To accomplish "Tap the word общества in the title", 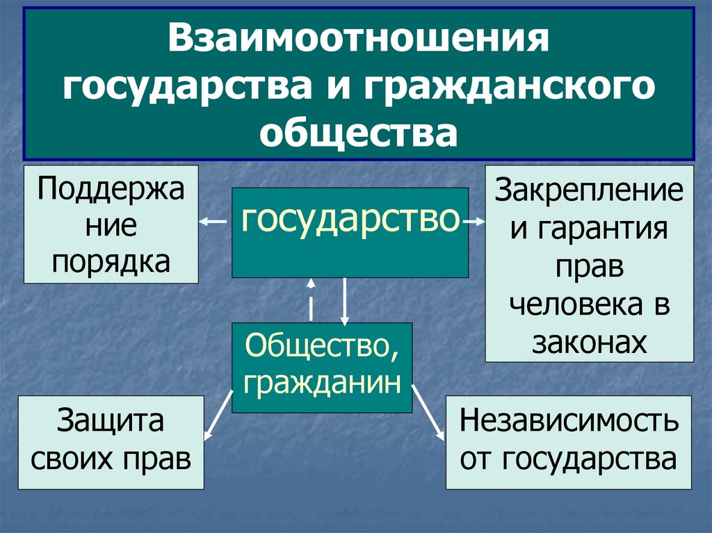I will pos(359,132).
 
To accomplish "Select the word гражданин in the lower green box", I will pos(322,381).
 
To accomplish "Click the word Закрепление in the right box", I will pos(588,191).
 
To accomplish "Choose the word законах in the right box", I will pos(589,342).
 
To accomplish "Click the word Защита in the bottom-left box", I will pos(111,421).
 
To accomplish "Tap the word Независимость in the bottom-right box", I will pos(568,421).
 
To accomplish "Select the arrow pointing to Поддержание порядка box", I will pos(213,222).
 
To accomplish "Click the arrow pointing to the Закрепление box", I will pos(474,222).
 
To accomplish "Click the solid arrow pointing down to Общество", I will pos(344,300).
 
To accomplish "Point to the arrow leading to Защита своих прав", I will pos(218,415).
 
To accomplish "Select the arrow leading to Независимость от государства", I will pos(430,415).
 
